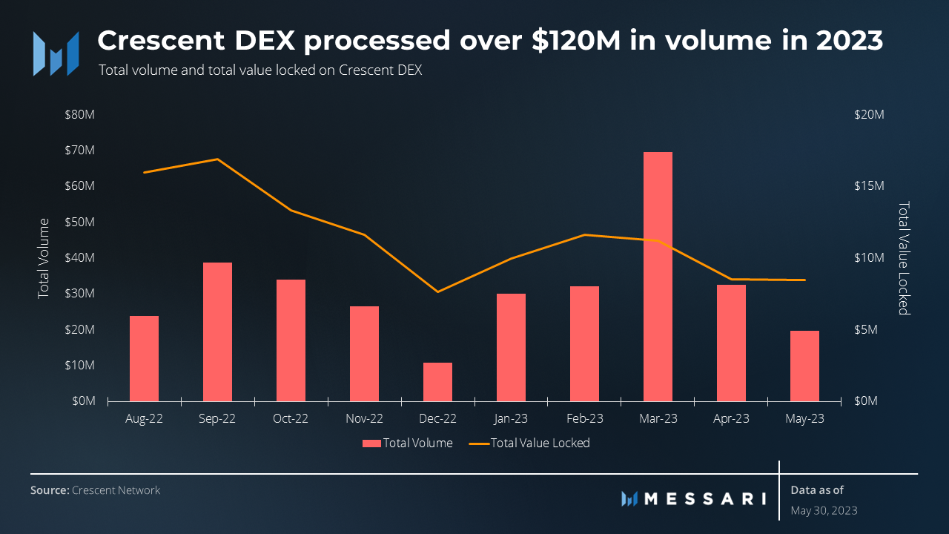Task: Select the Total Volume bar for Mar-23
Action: (x=658, y=276)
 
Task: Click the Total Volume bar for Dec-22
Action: (x=437, y=382)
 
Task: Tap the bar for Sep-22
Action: (x=217, y=332)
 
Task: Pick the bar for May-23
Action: (x=804, y=366)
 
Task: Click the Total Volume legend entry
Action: (x=407, y=443)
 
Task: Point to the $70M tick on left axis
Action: (x=79, y=151)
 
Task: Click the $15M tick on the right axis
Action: (x=869, y=186)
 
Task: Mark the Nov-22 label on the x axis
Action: (x=364, y=418)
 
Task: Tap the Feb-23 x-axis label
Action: (x=584, y=418)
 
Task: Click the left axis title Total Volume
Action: (x=44, y=258)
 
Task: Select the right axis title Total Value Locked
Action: (x=903, y=258)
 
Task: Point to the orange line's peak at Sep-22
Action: (x=217, y=159)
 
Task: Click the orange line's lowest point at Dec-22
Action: (x=437, y=291)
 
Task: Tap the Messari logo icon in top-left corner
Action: (x=56, y=53)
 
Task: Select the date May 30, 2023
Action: (x=824, y=510)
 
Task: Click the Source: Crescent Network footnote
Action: (x=95, y=490)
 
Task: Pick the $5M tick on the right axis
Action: (x=866, y=329)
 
